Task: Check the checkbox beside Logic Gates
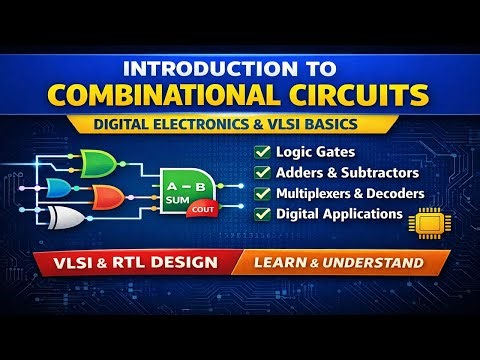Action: [x=263, y=153]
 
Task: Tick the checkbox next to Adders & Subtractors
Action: [x=263, y=173]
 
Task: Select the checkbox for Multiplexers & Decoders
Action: [x=263, y=193]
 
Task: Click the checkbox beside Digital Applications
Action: [x=263, y=213]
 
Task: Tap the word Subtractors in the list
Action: [x=381, y=173]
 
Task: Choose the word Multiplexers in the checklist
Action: [x=320, y=193]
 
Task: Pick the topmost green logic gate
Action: [x=97, y=161]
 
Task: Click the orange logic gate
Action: [x=107, y=194]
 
